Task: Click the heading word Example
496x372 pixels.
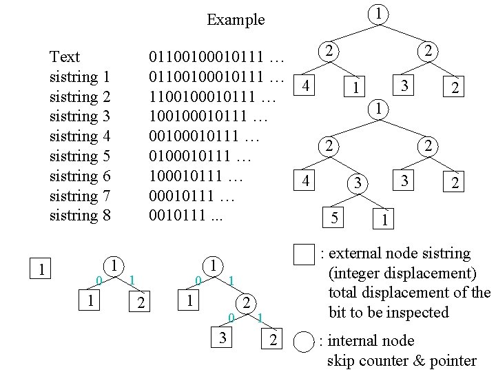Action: point(236,19)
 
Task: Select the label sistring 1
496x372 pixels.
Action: point(80,76)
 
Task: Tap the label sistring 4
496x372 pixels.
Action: point(80,136)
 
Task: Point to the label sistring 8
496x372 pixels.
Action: point(80,216)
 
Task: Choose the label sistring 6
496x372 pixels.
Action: point(80,176)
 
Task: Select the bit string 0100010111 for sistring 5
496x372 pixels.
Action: point(202,156)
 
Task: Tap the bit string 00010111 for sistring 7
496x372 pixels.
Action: point(192,196)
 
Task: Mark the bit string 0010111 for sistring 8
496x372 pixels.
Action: point(186,216)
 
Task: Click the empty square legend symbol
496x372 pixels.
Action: point(303,254)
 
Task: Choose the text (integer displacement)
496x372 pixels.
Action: point(400,273)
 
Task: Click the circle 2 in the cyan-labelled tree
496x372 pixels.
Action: point(244,303)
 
